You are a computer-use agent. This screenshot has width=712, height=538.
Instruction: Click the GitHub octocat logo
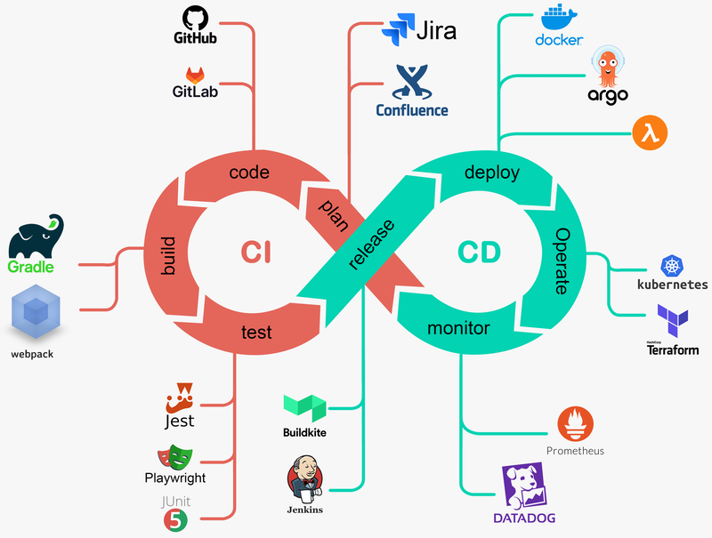(195, 18)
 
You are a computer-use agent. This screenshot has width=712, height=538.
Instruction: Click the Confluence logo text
(411, 110)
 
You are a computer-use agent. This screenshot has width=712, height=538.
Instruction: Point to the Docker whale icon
(559, 19)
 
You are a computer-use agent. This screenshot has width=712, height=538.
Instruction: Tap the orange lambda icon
(650, 133)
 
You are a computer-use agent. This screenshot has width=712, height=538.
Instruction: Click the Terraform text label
(673, 349)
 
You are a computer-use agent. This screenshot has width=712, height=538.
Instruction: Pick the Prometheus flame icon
(574, 424)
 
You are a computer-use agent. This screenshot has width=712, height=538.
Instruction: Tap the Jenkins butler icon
(304, 480)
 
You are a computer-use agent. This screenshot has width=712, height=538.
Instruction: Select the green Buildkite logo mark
(304, 407)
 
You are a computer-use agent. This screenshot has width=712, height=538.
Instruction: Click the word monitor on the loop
(458, 329)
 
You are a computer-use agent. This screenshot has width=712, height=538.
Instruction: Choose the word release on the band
(371, 243)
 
